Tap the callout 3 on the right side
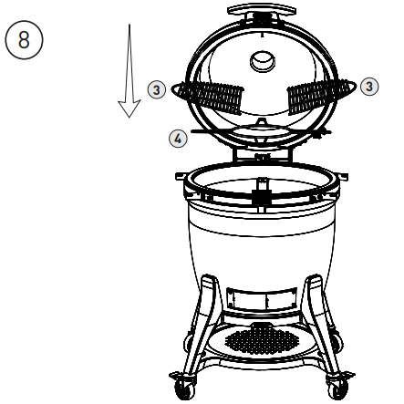(x=368, y=86)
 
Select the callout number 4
(x=179, y=138)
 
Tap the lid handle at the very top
(x=262, y=12)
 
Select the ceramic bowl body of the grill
(x=262, y=242)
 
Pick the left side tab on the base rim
(x=189, y=186)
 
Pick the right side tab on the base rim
(x=336, y=186)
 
